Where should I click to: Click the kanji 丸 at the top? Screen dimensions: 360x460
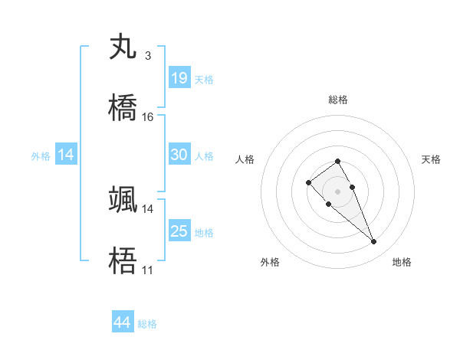(x=123, y=47)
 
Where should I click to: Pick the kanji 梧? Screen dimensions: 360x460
(x=123, y=260)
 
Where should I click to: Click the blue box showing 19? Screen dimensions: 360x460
(x=179, y=78)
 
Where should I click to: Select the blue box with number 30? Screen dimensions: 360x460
(x=179, y=155)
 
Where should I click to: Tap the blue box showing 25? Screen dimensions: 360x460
(x=179, y=231)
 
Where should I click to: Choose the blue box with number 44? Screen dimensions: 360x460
(x=123, y=323)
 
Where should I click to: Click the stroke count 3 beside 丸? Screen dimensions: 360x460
(x=147, y=56)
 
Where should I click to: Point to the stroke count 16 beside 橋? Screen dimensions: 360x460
(x=148, y=117)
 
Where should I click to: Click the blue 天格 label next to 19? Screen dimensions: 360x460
(x=204, y=80)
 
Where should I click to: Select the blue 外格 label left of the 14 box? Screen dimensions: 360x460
(x=41, y=156)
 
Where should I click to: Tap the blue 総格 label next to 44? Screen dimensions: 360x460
(x=147, y=325)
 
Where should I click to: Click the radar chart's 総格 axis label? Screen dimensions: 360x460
(x=338, y=100)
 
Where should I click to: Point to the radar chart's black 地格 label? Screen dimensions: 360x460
(x=402, y=262)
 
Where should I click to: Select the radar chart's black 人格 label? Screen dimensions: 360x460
(x=245, y=159)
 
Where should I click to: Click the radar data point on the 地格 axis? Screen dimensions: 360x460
(x=374, y=242)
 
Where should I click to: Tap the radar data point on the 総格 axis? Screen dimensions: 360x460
(x=337, y=161)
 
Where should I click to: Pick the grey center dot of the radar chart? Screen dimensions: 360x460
(x=337, y=191)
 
